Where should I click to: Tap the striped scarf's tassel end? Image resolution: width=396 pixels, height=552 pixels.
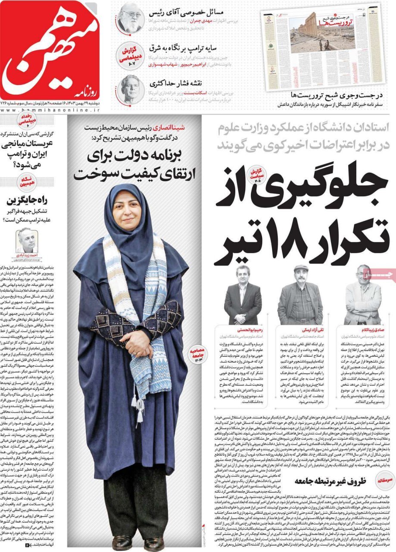[138, 410]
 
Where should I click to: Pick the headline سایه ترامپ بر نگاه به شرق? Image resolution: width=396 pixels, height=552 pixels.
[186, 47]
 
